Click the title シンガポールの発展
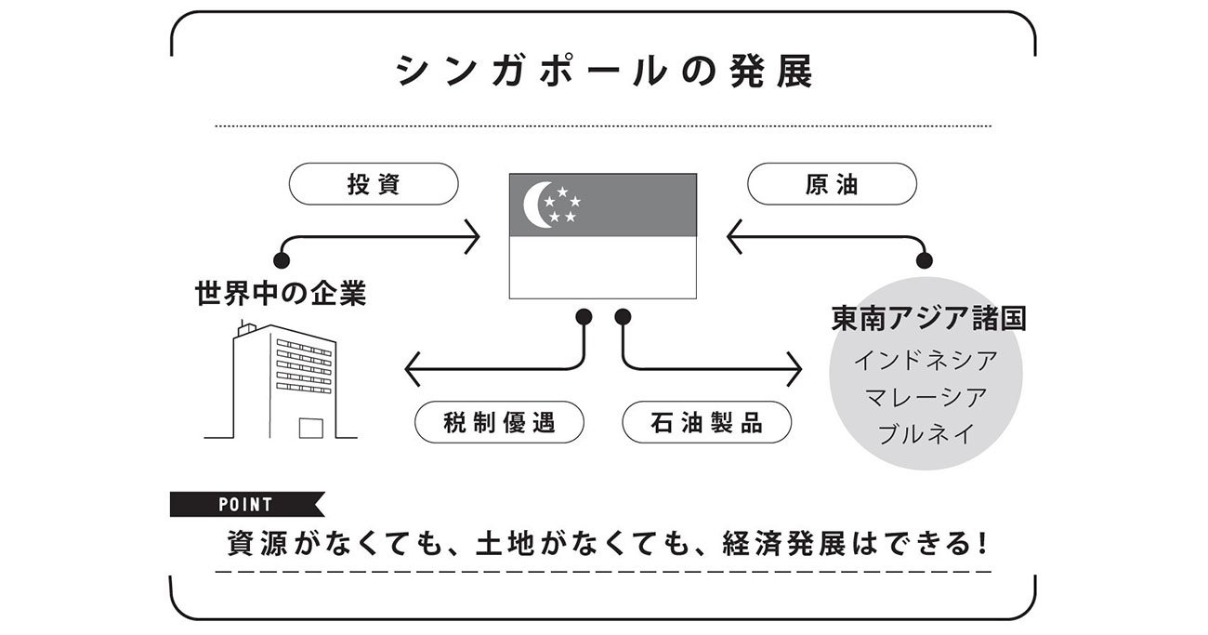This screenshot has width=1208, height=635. click(604, 72)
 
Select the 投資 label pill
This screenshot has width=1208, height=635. click(374, 184)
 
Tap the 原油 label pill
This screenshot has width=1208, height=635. click(832, 184)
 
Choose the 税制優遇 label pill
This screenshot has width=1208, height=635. click(499, 422)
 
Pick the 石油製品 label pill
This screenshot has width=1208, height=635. click(706, 422)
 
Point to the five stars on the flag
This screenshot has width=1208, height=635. click(562, 205)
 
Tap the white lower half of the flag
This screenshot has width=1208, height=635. click(603, 267)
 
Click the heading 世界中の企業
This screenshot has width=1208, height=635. click(281, 295)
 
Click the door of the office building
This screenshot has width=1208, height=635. click(309, 427)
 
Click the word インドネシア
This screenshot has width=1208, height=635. click(926, 360)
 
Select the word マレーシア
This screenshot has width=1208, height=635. click(926, 397)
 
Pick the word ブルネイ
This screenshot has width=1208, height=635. click(926, 433)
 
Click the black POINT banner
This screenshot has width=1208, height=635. click(245, 505)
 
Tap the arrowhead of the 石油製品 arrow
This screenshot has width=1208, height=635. click(795, 370)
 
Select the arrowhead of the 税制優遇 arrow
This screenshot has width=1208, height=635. click(411, 370)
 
